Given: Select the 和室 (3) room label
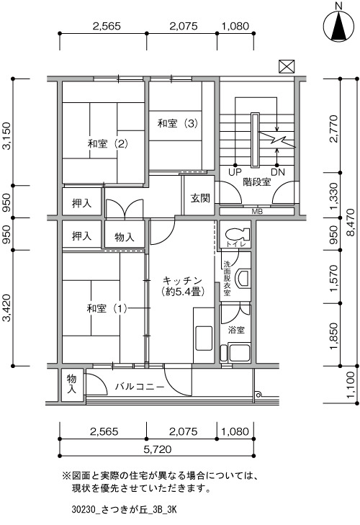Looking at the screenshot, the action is (178, 124).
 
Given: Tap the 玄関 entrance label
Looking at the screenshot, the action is (200, 198).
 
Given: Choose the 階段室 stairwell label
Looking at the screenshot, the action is (257, 182).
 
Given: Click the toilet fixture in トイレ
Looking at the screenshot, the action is (237, 233).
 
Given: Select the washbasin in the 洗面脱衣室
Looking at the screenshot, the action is (243, 279).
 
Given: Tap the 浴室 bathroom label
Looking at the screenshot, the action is (236, 330).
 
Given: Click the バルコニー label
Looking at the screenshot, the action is (140, 387).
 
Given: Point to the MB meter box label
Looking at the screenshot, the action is (257, 212).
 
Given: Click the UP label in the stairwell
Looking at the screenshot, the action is (235, 172).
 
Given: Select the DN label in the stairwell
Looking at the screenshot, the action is (278, 172).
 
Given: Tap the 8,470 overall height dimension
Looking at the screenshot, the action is (351, 223).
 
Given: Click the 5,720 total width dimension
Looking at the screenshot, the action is (158, 449).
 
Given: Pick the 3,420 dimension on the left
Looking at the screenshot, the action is (6, 308).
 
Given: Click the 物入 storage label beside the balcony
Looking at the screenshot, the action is (72, 384).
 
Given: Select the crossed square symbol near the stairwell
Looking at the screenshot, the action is (287, 66).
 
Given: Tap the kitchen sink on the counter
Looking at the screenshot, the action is (204, 338).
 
